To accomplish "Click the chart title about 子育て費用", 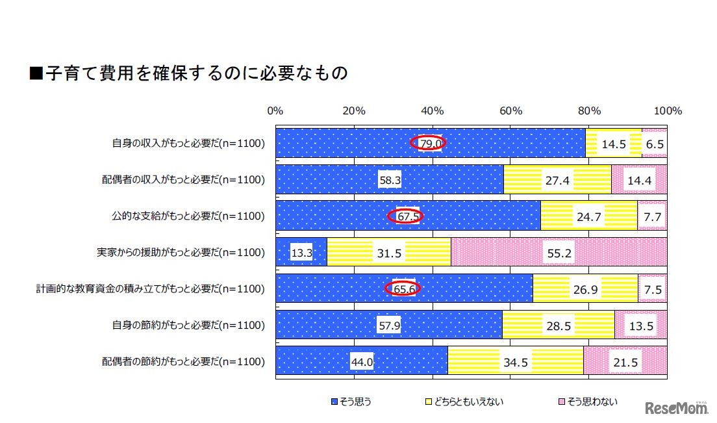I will (188, 73).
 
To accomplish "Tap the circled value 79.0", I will (429, 144).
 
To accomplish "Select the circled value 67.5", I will (407, 216).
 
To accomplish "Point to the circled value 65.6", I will (403, 289).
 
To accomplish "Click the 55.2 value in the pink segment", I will (559, 253).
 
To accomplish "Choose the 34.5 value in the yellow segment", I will (515, 362).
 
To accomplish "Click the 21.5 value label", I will (625, 362).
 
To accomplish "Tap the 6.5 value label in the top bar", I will (655, 144).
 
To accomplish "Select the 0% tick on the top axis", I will (275, 111).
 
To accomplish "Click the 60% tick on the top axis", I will (510, 111).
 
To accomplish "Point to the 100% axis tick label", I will (668, 111).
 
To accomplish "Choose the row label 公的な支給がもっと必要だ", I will (188, 216).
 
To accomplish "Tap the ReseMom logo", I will (676, 408).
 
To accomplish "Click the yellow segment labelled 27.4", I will (557, 180).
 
